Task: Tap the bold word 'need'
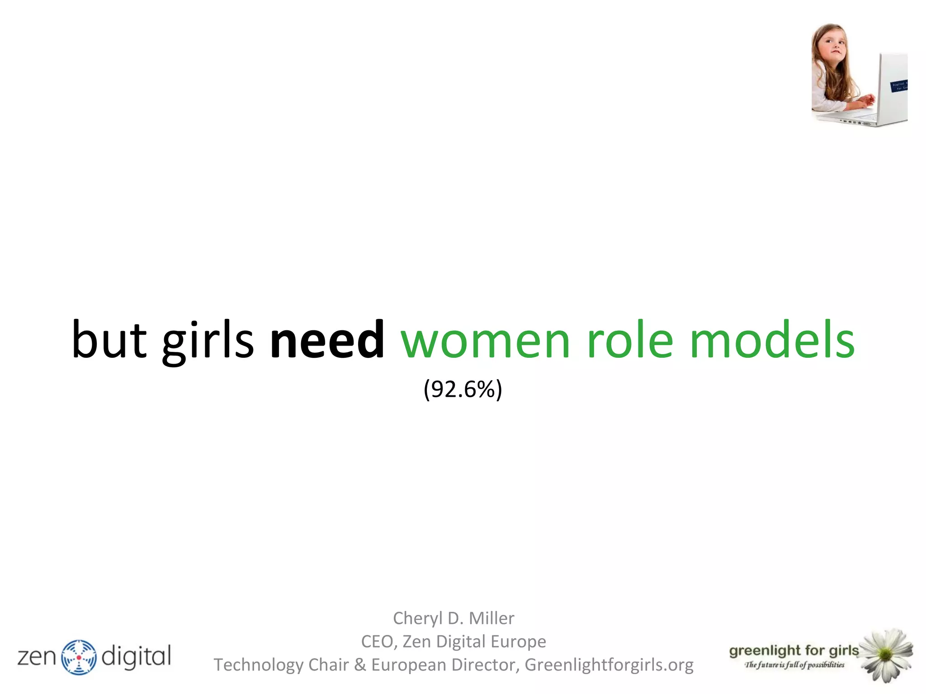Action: pos(327,340)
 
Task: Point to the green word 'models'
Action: pos(772,340)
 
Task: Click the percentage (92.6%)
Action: pos(463,389)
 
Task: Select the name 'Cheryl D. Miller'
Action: pos(454,618)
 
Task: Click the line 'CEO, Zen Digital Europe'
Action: pos(454,642)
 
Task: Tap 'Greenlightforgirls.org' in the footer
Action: pos(609,665)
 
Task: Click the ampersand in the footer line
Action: pos(360,665)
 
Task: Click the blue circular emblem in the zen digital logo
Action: pos(79,657)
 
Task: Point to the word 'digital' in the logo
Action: pos(136,656)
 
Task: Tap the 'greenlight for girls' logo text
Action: pos(794,651)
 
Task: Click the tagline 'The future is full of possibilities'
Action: pos(794,665)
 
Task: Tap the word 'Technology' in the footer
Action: pos(258,665)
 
